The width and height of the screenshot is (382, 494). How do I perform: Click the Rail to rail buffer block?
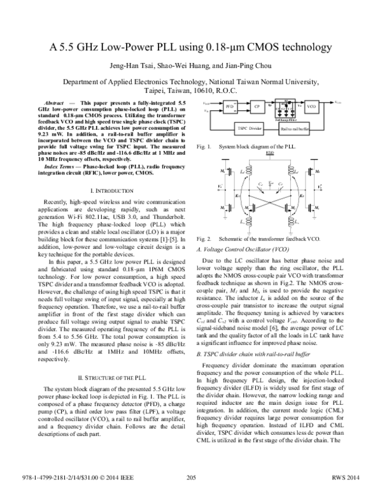[294, 128]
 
